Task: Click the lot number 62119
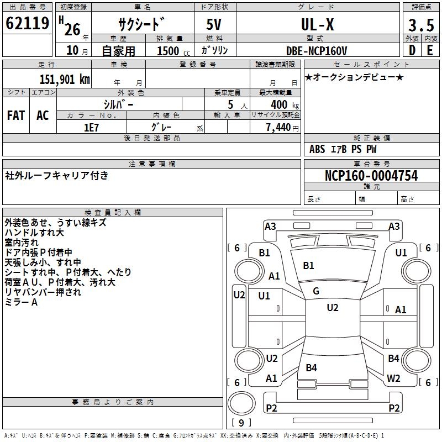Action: (27, 24)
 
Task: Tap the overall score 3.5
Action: (420, 25)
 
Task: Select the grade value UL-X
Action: (317, 24)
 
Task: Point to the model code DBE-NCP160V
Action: (316, 50)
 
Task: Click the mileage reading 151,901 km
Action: (65, 79)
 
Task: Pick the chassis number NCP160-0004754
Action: (371, 176)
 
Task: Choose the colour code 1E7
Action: (91, 127)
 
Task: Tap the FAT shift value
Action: (16, 115)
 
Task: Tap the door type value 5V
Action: (214, 25)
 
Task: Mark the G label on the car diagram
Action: (316, 291)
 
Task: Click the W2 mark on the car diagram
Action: (393, 378)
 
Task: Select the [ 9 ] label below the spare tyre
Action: (240, 423)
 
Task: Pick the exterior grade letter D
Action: (412, 50)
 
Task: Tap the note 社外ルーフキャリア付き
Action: (57, 176)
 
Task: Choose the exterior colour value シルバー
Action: (119, 104)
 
